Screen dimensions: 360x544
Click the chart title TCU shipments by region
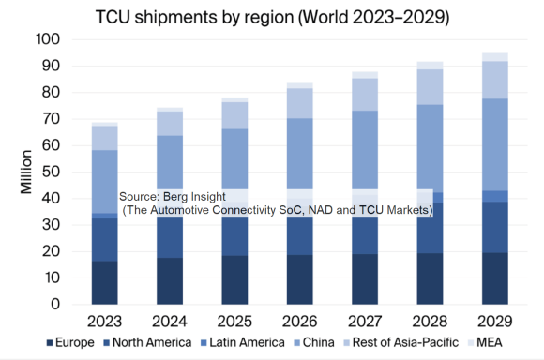[272, 16]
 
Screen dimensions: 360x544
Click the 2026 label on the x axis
[300, 322]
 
